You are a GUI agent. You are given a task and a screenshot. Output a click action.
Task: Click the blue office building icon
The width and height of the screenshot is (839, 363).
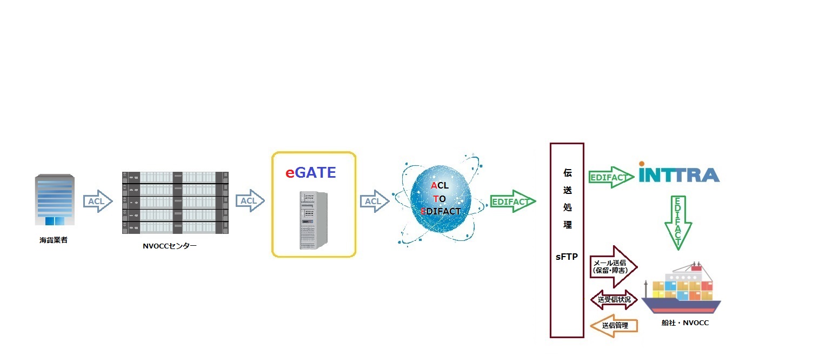(54, 200)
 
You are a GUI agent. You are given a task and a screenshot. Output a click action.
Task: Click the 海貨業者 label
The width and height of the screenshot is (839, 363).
(54, 240)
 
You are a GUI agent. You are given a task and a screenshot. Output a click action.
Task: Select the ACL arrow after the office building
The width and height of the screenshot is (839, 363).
(97, 201)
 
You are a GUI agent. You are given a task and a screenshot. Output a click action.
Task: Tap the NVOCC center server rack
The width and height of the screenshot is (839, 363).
(175, 202)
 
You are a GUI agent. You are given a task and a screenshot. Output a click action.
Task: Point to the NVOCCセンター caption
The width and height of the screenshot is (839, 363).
(169, 246)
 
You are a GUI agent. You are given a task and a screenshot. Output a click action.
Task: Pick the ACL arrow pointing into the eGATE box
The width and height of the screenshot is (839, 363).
(250, 201)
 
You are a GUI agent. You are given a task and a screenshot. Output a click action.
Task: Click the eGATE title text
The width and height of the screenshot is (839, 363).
(311, 173)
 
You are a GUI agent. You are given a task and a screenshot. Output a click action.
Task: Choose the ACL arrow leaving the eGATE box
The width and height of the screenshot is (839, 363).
(375, 201)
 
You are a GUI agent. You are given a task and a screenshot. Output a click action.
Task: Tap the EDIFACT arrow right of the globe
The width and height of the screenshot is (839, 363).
(512, 201)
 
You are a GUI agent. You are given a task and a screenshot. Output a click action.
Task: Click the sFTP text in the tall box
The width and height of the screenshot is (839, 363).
(567, 257)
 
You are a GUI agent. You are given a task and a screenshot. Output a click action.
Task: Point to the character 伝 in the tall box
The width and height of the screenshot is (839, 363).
(567, 174)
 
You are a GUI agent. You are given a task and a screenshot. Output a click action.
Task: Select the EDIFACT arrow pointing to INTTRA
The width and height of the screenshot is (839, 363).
(610, 177)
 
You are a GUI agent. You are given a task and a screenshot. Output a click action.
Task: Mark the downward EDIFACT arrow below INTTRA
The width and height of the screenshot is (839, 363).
(677, 223)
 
